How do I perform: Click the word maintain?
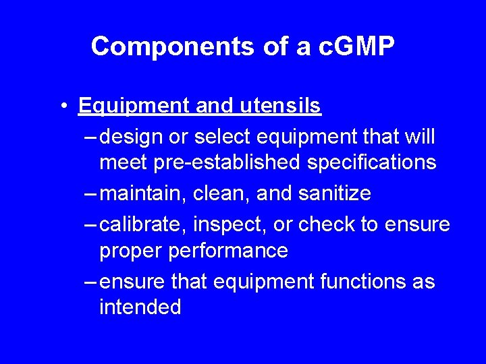(142, 193)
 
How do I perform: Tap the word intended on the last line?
(140, 307)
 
